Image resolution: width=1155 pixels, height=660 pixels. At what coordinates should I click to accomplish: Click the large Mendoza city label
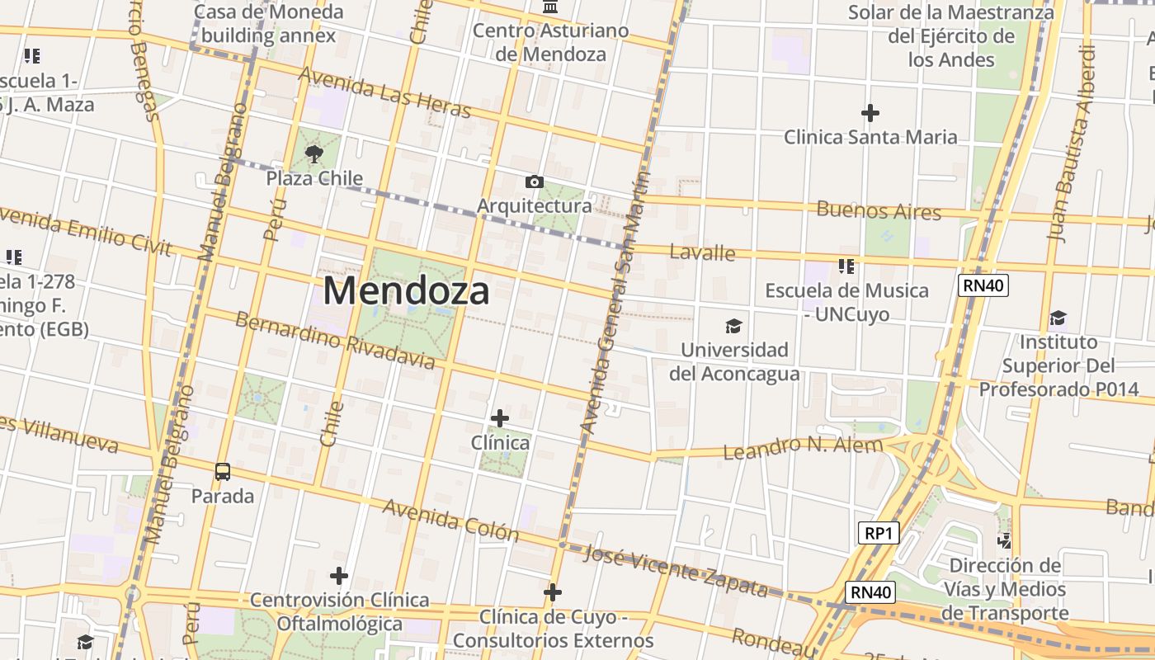tap(406, 290)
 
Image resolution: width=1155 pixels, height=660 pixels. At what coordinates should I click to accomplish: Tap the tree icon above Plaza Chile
tap(313, 153)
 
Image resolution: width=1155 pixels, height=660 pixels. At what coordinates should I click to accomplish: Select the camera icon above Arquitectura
tap(534, 181)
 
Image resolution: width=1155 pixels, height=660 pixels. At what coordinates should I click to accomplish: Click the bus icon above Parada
tap(223, 472)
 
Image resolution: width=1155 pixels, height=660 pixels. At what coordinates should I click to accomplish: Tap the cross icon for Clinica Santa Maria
tap(870, 113)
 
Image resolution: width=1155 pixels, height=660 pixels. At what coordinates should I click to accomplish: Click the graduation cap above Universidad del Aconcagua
tap(733, 326)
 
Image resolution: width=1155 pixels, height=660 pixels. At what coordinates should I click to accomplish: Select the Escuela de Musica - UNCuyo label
tap(846, 302)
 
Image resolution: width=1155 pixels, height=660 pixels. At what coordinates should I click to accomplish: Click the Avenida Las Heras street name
tap(384, 92)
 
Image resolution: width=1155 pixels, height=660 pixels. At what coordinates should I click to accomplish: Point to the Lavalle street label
tap(702, 252)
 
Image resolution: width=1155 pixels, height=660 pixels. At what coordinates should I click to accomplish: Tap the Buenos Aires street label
tap(879, 210)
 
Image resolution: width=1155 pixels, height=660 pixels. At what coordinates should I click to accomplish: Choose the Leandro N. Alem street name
tap(803, 448)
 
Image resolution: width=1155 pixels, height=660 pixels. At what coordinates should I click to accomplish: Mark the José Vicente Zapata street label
tap(676, 569)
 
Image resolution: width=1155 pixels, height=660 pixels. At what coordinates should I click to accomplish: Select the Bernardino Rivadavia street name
tap(335, 341)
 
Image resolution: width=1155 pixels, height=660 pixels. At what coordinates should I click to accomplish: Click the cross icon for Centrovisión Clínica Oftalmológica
tap(339, 576)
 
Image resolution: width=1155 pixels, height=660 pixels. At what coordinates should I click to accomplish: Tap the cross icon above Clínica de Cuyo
tap(553, 592)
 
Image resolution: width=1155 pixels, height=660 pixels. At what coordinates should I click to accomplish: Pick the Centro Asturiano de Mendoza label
tap(551, 42)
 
